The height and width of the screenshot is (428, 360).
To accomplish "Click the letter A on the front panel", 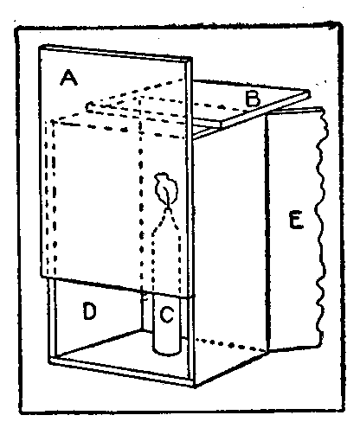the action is tap(68, 78).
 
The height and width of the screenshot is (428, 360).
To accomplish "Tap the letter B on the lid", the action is tap(253, 99).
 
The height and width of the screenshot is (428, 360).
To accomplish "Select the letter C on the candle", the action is tap(167, 314).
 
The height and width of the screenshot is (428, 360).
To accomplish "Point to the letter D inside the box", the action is tap(89, 310).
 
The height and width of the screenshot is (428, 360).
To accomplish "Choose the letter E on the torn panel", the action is tap(296, 220).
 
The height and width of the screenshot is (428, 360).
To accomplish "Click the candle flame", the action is tap(166, 188).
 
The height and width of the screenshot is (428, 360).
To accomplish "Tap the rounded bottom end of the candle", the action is tap(167, 351).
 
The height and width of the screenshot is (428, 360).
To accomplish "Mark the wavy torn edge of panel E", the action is tap(321, 227).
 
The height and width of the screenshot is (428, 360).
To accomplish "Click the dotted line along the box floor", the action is tap(231, 345).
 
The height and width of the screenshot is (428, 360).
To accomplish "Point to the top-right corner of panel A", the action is tap(191, 58).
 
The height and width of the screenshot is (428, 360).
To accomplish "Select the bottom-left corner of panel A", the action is tap(42, 277).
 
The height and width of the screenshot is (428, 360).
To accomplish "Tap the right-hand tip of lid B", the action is tap(309, 93).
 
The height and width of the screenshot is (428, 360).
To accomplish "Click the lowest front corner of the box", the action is tap(195, 386).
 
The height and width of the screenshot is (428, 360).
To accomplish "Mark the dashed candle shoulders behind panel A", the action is tap(167, 222).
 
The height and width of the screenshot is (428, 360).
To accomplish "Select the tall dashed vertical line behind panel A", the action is tap(141, 196).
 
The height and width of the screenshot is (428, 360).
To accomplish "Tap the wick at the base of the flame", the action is tap(167, 207).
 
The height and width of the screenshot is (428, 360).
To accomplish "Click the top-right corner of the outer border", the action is tap(340, 24).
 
